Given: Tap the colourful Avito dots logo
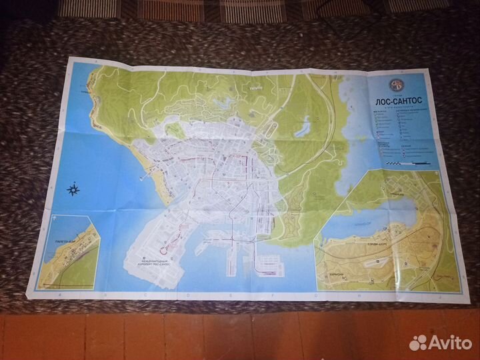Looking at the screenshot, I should pyautogui.click(x=418, y=342).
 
